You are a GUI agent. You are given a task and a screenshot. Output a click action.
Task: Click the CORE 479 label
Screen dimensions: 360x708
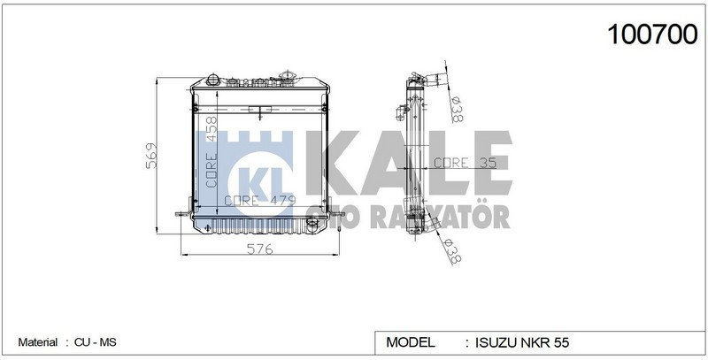tap(259, 201)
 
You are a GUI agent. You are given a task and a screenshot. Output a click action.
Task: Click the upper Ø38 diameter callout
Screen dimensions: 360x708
tap(458, 109)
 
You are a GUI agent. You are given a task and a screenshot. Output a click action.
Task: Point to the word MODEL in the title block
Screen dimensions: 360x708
tap(411, 341)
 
